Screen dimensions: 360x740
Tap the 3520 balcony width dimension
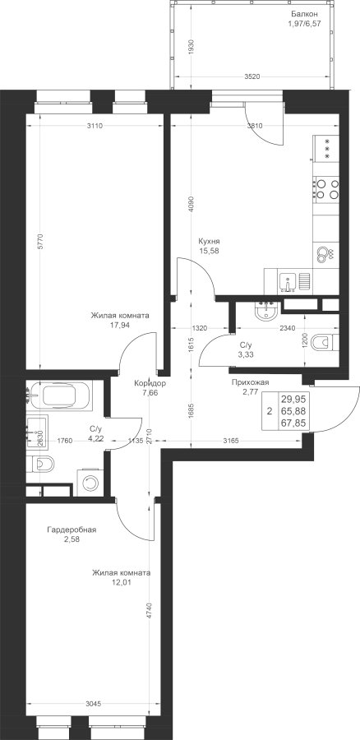(x=253, y=77)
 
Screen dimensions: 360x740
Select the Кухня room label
(x=210, y=240)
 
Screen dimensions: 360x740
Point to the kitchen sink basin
(x=288, y=282)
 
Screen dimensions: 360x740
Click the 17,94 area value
(x=120, y=325)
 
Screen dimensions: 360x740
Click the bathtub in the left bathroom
(x=66, y=396)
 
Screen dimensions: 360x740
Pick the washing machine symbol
(x=89, y=483)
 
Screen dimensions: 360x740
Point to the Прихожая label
(x=250, y=382)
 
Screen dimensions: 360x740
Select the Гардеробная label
(x=72, y=530)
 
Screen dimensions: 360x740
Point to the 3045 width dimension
(x=93, y=704)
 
